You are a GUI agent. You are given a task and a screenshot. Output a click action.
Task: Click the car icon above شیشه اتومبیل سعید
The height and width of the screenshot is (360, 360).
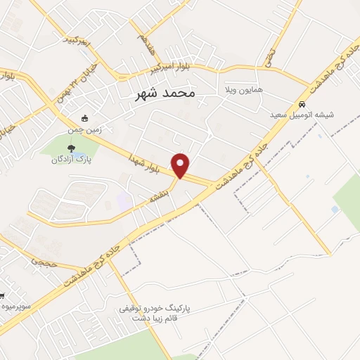(302, 105)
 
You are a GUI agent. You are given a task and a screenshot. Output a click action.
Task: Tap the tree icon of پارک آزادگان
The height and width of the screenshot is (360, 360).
(70, 148)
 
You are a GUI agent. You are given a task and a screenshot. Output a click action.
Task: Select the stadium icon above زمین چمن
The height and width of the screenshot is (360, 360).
(86, 118)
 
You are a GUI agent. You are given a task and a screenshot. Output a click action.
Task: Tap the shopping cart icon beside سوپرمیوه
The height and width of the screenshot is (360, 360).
(2, 295)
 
